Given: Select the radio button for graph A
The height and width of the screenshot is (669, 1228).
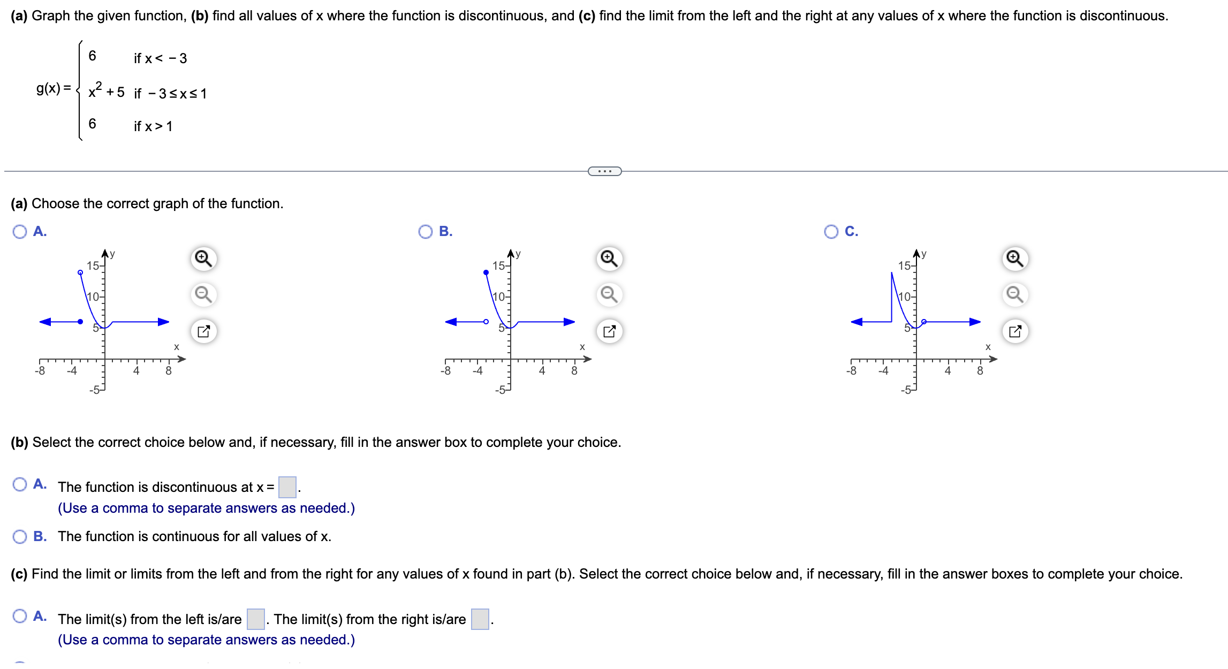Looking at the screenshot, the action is tap(20, 232).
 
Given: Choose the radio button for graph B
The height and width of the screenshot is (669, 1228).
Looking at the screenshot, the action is tap(426, 232).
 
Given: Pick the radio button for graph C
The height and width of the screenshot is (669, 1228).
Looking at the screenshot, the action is tap(831, 232).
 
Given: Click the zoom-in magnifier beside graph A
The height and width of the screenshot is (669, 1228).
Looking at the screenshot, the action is tap(203, 259).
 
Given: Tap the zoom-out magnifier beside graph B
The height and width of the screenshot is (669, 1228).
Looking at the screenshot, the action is tap(609, 295).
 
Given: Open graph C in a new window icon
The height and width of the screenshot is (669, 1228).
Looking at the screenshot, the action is tap(1015, 331).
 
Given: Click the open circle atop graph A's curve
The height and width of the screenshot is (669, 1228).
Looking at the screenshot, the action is tap(80, 272).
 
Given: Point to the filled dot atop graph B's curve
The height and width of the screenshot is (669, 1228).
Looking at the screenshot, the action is tap(486, 272).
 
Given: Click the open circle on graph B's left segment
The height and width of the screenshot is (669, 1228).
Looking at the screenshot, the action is tap(486, 322).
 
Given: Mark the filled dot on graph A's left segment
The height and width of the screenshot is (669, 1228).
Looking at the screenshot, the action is tap(80, 322).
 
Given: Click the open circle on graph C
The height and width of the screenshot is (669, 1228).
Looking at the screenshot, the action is tap(924, 322).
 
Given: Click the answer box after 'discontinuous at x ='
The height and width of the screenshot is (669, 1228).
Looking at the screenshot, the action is tap(287, 487).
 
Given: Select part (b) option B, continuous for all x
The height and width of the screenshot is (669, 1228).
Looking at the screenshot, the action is tap(20, 537).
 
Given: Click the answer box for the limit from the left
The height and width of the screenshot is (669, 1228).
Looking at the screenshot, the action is tap(256, 619).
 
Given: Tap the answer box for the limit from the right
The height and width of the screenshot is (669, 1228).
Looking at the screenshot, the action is tap(480, 619).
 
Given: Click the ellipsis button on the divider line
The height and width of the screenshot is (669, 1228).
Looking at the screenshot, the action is tap(604, 171).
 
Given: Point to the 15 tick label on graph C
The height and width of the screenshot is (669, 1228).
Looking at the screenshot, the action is tap(904, 266).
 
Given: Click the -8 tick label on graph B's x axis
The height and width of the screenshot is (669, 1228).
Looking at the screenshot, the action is tap(445, 371).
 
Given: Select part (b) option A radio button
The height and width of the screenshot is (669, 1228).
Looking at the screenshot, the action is tap(20, 484).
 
